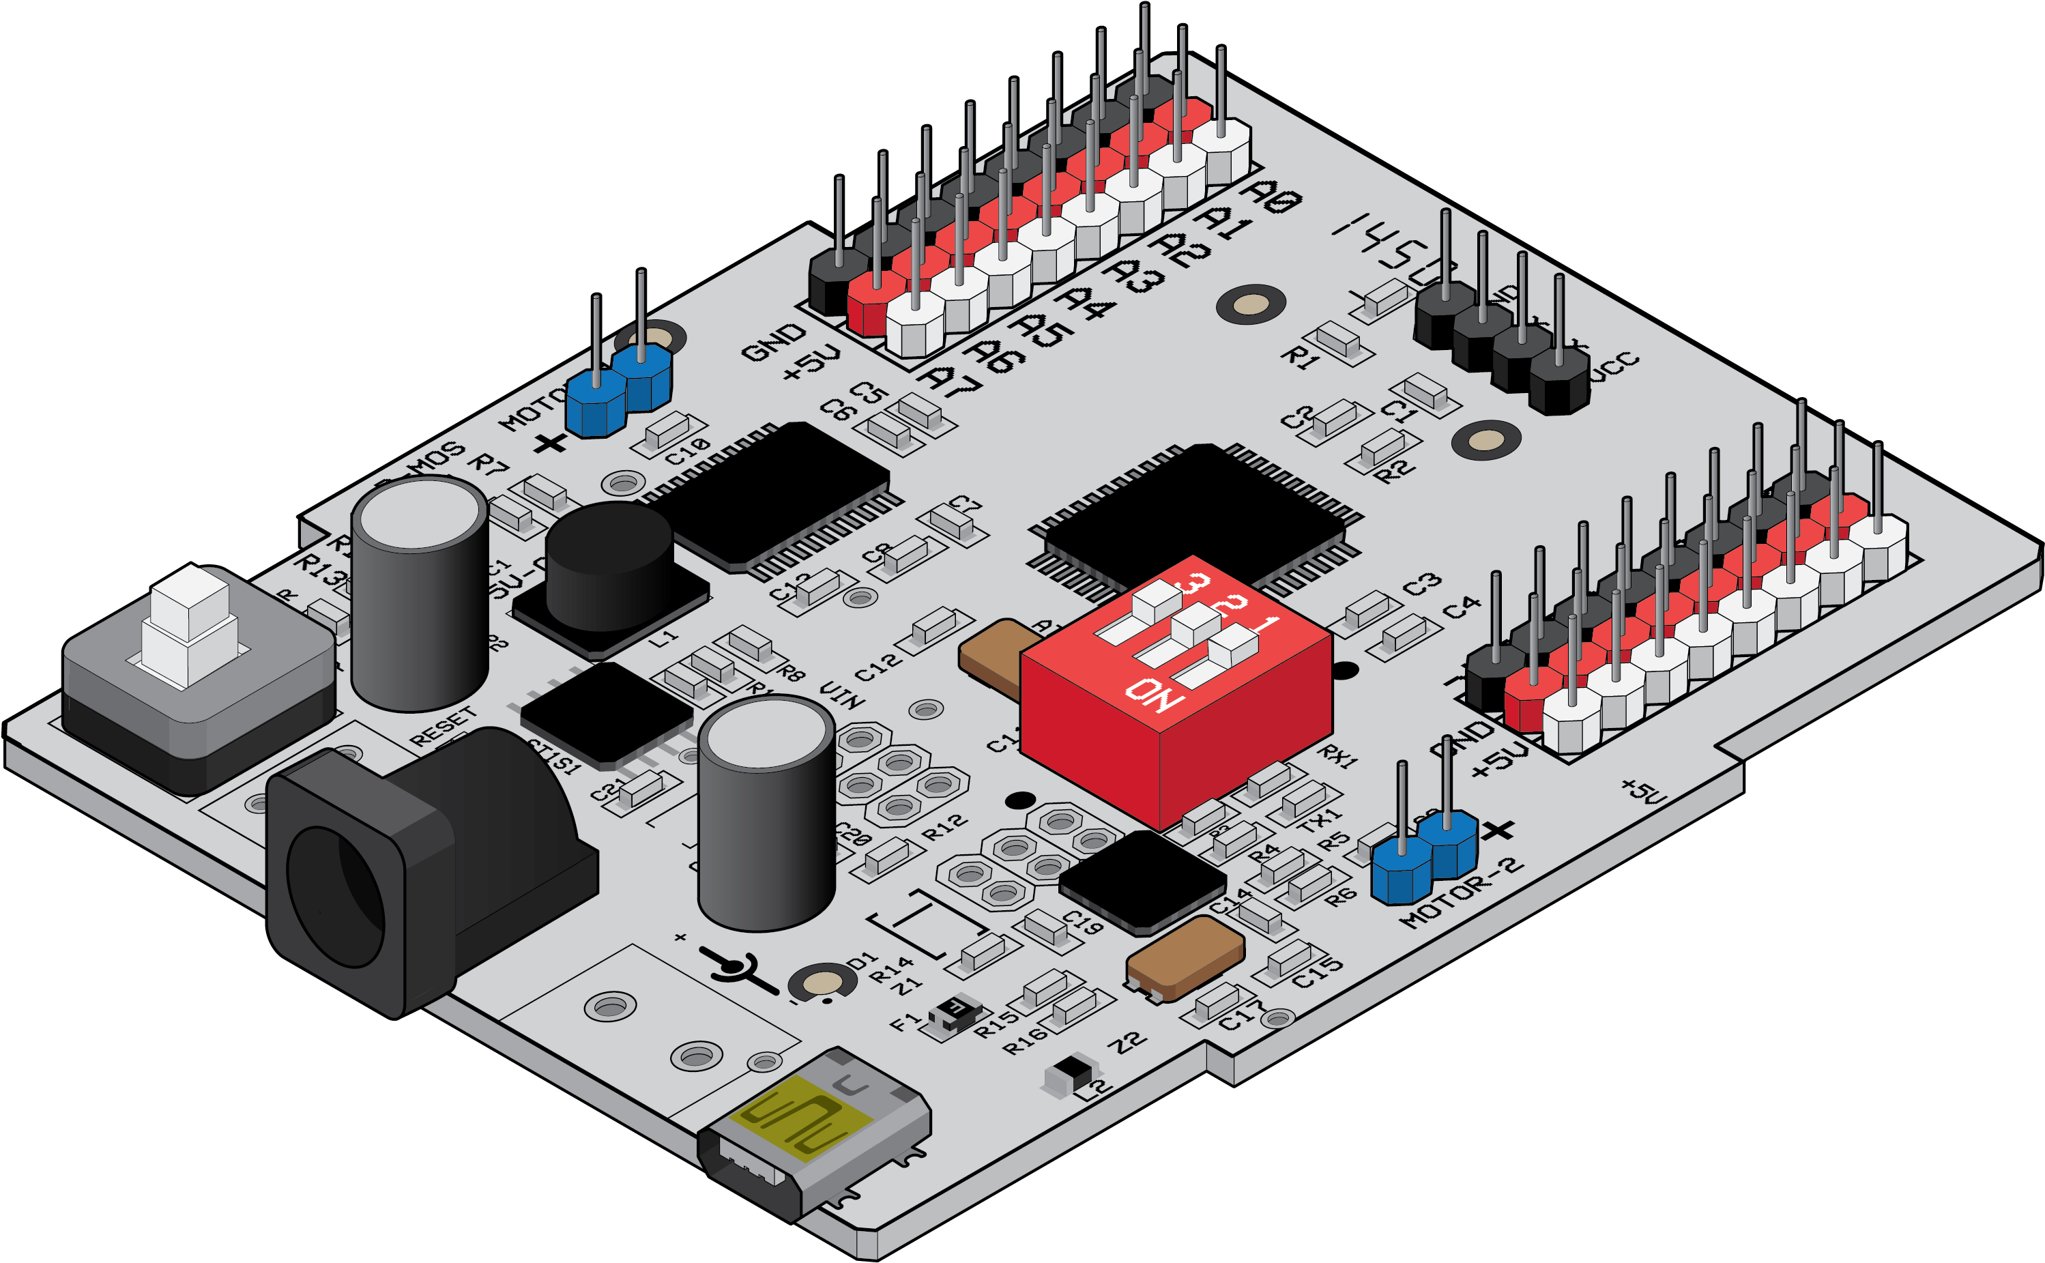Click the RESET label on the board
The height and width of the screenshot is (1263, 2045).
444,727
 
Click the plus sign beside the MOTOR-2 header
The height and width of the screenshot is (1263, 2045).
1500,830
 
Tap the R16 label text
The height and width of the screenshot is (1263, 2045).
1026,1040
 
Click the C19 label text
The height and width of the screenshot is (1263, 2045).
1083,923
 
